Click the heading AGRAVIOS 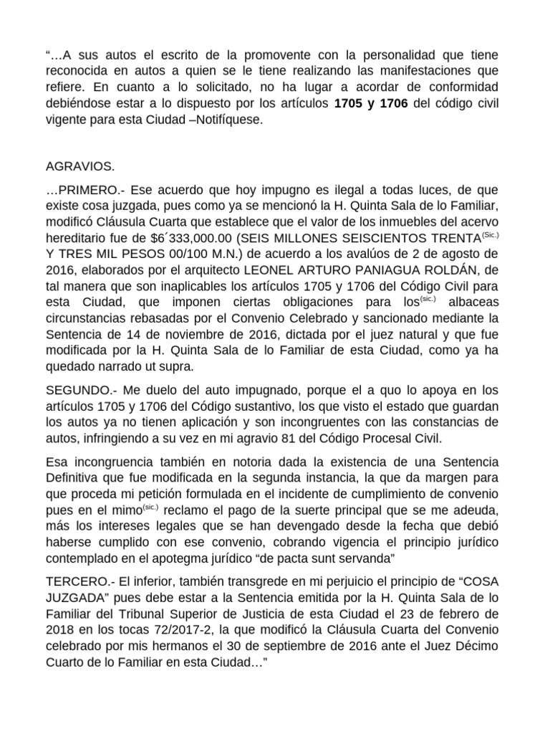click(79, 167)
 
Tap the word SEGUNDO click(77, 390)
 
